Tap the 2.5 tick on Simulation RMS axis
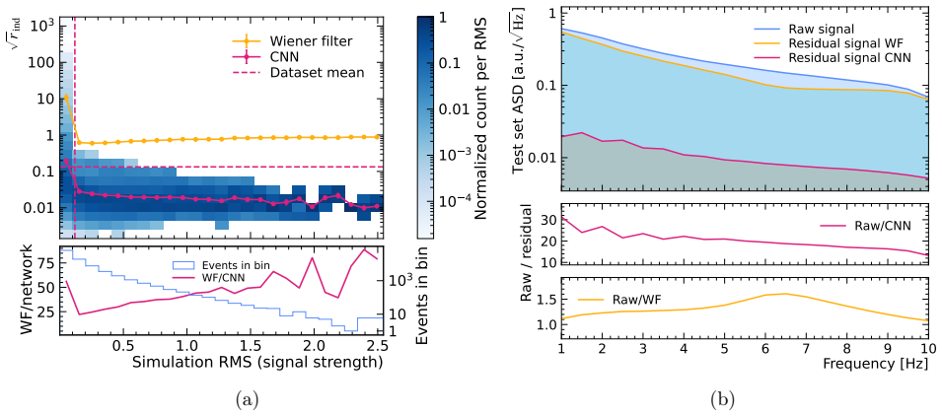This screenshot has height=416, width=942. pyautogui.click(x=377, y=348)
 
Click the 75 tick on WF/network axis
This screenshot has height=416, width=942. pyautogui.click(x=44, y=262)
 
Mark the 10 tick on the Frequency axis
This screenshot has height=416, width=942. pyautogui.click(x=927, y=348)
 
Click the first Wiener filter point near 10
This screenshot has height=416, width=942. pyautogui.click(x=66, y=97)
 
